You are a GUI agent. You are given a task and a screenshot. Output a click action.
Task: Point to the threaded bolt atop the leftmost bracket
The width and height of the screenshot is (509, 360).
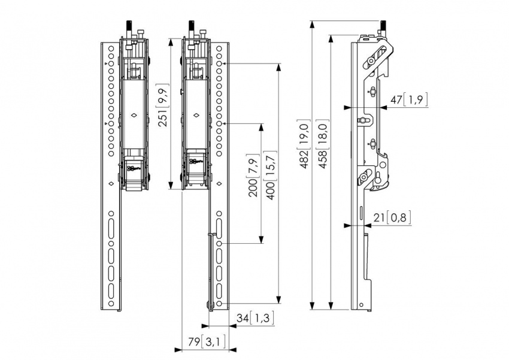pyautogui.click(x=128, y=27)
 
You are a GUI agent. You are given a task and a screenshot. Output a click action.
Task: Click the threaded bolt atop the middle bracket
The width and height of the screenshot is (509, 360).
pyautogui.click(x=190, y=27)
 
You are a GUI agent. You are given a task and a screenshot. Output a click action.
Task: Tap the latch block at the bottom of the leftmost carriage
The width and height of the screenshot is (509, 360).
pyautogui.click(x=135, y=171)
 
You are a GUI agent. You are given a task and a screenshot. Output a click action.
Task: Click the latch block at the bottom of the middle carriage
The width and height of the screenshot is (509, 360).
pyautogui.click(x=196, y=171)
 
